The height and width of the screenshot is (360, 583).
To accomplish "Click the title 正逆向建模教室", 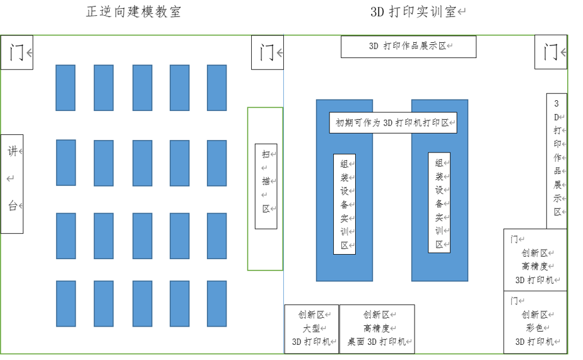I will (x=134, y=12).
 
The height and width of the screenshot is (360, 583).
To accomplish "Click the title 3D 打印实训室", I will (x=416, y=12).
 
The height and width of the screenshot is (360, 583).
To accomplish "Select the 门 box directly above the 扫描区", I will (x=267, y=52).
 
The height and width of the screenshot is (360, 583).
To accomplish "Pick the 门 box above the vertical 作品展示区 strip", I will (x=550, y=52).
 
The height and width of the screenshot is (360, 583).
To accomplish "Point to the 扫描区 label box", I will (x=266, y=186).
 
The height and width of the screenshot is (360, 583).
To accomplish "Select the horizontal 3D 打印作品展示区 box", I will (x=408, y=47).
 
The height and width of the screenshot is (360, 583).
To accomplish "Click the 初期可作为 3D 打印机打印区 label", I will (x=392, y=123).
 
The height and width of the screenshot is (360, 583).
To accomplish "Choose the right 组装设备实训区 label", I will (x=439, y=202).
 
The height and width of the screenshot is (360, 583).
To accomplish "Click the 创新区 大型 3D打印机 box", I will (x=312, y=328).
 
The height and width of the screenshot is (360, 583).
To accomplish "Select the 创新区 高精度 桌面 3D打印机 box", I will (x=377, y=328).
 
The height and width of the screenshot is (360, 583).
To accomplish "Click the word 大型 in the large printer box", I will (x=312, y=328).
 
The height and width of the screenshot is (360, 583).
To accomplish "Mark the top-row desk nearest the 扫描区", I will (x=217, y=88).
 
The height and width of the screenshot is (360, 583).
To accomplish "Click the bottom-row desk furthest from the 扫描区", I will (x=66, y=303).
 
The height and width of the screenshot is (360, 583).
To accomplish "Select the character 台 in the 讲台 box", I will (x=12, y=206).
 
